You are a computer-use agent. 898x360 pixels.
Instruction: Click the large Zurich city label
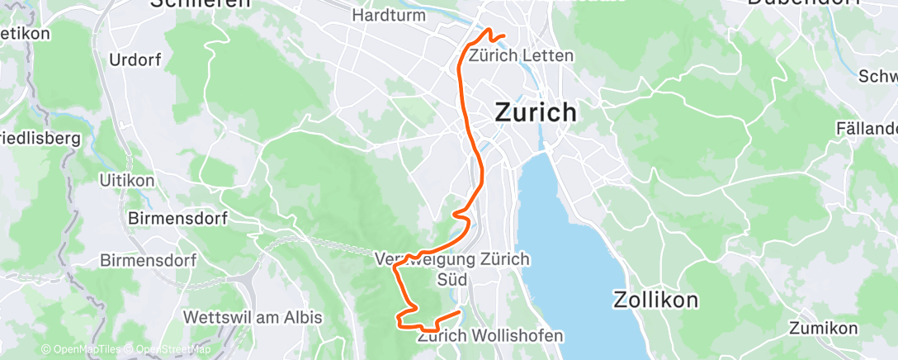tap(536, 112)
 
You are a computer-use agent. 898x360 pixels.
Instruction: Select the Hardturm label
tap(388, 15)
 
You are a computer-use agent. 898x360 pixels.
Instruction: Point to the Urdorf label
tap(135, 60)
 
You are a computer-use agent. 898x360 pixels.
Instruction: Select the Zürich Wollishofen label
tap(491, 336)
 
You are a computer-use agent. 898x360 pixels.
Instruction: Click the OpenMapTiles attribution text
tap(81, 350)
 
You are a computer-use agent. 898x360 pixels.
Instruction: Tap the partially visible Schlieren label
tap(200, 3)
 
